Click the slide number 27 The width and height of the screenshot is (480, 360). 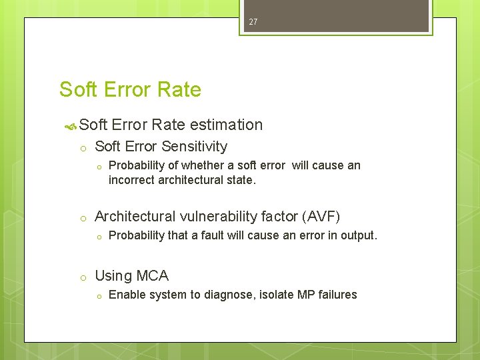point(253,22)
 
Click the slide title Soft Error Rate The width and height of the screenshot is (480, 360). point(130,89)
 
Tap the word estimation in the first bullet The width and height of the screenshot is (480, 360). point(226,125)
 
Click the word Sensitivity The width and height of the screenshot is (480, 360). point(194,147)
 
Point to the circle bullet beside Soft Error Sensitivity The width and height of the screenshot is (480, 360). point(81,147)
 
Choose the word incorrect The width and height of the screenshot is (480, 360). point(131,180)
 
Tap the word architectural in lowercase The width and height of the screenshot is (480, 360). point(190,180)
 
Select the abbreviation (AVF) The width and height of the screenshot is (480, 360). point(321,217)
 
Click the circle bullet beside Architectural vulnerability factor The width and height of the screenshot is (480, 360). point(81,217)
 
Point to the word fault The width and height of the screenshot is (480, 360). point(215,235)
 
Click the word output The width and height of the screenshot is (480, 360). point(358,235)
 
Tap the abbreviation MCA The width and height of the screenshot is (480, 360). point(153,276)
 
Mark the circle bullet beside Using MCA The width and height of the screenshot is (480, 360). point(81,277)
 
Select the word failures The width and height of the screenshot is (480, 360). point(337,295)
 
